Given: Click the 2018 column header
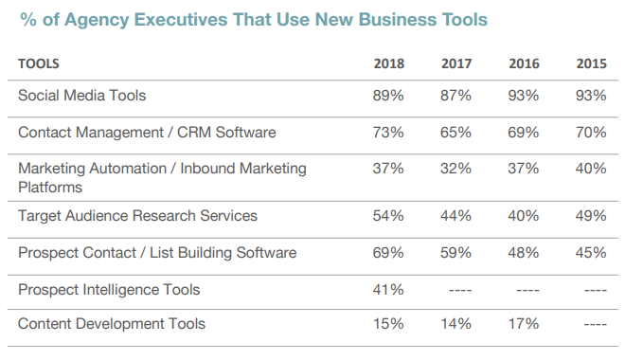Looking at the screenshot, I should (x=388, y=64).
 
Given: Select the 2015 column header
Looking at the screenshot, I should (x=591, y=64).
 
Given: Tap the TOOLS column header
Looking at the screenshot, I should (x=38, y=64).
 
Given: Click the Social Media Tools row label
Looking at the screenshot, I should (x=82, y=96).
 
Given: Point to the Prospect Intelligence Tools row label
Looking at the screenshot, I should (x=109, y=289).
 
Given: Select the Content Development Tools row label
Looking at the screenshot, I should (x=112, y=324).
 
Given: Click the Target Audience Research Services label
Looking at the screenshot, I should (x=137, y=216).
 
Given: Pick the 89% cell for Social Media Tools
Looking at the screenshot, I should (x=388, y=96).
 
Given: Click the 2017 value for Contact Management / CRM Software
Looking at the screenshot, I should (x=456, y=133).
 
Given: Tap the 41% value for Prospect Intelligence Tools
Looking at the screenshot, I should (x=388, y=289).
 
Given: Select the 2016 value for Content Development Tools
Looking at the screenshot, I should (x=524, y=324).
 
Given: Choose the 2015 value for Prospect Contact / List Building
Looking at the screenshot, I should (x=591, y=253).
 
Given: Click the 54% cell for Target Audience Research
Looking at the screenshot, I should (x=388, y=216).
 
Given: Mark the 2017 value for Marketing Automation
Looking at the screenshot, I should (x=456, y=169).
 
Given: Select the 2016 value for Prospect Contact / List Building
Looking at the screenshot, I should (x=524, y=253).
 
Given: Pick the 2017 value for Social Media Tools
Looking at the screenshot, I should (x=456, y=96).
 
